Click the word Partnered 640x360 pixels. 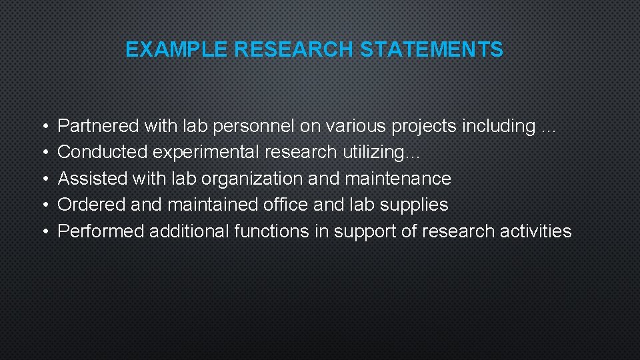click(x=99, y=125)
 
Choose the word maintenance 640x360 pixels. click(x=397, y=179)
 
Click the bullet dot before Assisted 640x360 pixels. click(x=43, y=179)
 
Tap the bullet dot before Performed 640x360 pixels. click(x=43, y=231)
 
